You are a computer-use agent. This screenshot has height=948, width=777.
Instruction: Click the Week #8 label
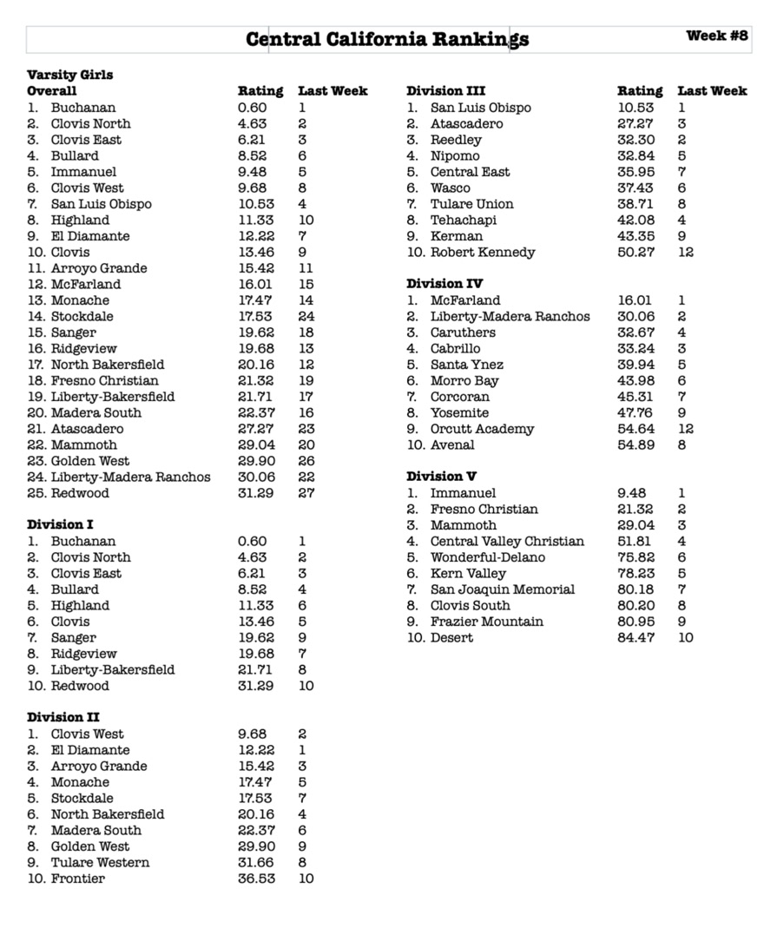716,36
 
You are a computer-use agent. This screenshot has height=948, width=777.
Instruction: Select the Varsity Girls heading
69,75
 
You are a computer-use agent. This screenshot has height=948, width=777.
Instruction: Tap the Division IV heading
445,284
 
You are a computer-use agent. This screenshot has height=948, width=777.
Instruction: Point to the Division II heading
63,717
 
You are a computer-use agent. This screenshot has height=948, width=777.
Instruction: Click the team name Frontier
77,879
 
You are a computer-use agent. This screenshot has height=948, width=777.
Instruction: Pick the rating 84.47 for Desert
636,638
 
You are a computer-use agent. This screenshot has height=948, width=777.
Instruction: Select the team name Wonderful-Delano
488,557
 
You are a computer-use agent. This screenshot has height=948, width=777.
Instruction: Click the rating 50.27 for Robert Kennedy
636,253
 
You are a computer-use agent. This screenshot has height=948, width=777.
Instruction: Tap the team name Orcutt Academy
482,429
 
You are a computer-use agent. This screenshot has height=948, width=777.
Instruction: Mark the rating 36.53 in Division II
257,879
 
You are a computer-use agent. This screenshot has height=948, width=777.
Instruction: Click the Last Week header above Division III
712,91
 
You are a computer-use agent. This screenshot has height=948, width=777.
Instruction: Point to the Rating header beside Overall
260,91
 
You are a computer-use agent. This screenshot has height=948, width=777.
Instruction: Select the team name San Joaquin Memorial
503,589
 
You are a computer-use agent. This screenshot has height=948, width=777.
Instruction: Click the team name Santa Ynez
467,365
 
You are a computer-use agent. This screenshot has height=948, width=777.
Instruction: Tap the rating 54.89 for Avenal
636,445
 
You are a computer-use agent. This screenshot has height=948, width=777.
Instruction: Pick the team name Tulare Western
100,863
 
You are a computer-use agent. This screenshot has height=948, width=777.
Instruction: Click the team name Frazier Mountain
487,622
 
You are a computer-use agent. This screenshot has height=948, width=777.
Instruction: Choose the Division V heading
442,477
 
